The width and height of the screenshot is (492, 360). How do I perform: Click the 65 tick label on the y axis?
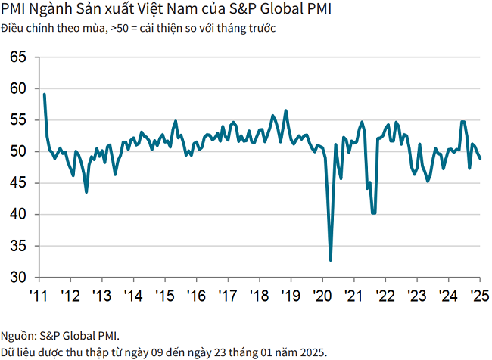[x=18, y=57]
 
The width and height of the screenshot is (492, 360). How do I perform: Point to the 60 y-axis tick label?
[x=18, y=88]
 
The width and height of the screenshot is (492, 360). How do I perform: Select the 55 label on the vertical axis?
[x=18, y=120]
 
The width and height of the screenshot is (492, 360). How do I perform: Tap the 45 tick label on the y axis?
[x=18, y=183]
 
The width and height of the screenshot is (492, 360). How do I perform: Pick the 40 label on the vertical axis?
[x=18, y=215]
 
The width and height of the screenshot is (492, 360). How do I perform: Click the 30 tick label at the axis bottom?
[x=18, y=278]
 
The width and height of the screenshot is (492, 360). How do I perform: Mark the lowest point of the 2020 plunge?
[x=331, y=260]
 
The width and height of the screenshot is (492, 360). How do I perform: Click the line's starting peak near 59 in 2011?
[x=45, y=95]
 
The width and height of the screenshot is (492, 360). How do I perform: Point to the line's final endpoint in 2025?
[x=481, y=158]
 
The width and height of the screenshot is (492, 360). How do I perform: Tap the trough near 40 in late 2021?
[x=373, y=213]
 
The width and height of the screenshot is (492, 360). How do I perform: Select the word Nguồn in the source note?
[x=17, y=335]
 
